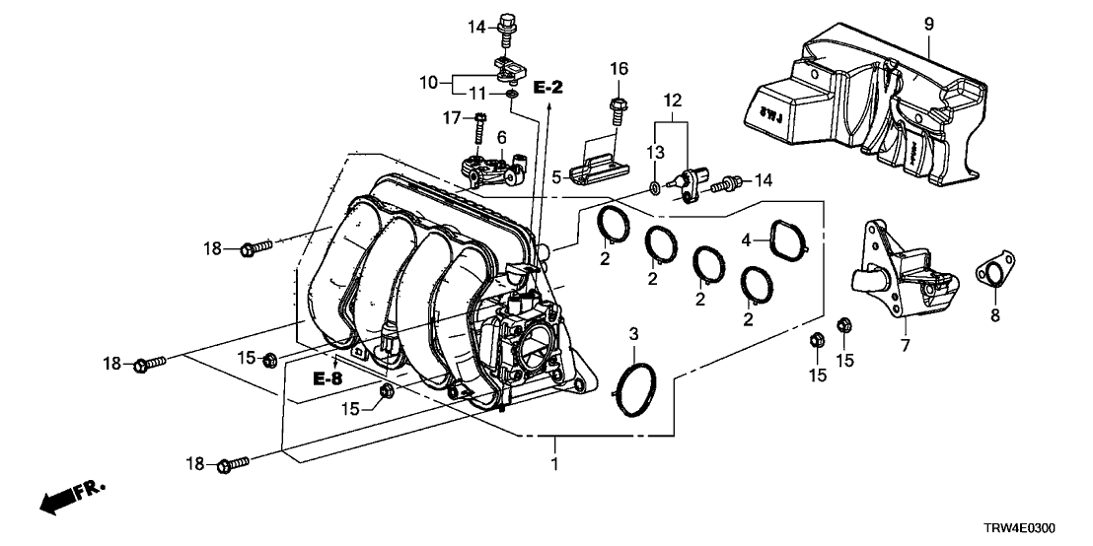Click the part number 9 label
927,22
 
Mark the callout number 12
672,100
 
